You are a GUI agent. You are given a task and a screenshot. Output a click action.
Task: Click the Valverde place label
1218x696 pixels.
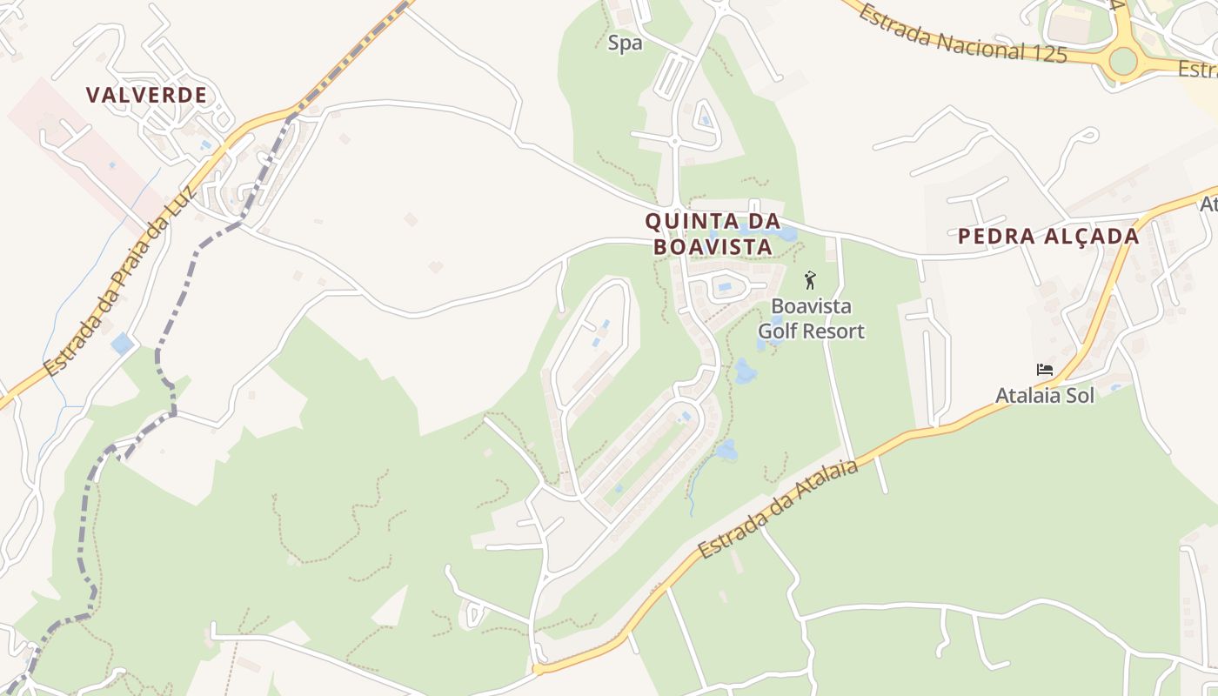(146, 95)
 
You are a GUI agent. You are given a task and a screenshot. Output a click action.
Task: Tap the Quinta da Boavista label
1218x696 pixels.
(713, 234)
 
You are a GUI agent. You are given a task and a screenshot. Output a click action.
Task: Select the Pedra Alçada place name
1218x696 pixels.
(1048, 236)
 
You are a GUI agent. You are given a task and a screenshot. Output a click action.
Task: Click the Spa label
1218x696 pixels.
(625, 43)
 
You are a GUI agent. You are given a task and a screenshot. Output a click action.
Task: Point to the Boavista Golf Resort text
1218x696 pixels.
(811, 318)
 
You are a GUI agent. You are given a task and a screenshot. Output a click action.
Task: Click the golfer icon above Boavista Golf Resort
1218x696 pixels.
(811, 281)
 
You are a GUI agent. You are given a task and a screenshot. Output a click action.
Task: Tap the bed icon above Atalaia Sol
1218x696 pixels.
(1044, 370)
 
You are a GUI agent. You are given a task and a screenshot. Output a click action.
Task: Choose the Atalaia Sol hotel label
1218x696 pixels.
(1044, 395)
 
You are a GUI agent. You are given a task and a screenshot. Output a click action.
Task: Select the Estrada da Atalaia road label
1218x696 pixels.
(777, 509)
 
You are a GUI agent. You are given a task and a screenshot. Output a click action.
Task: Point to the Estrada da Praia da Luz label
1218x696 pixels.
(119, 291)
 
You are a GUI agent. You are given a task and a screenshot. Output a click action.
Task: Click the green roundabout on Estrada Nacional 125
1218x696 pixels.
(1122, 60)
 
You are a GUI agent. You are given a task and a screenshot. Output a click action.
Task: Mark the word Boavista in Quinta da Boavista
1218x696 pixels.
(713, 247)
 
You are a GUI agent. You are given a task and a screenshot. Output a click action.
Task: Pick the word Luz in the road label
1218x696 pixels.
(183, 207)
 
